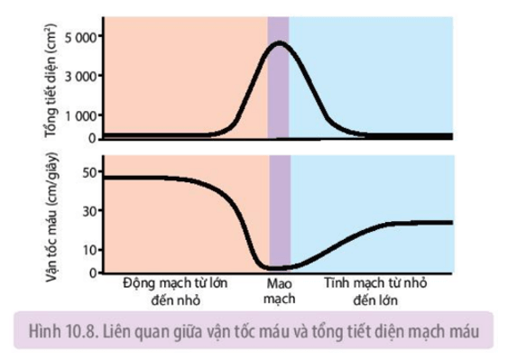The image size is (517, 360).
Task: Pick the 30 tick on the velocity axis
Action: coord(89,211)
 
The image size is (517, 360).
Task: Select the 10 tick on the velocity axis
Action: coord(89,250)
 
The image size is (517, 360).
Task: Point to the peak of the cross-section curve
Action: coord(280,42)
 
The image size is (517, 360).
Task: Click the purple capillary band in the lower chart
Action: coord(280,217)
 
